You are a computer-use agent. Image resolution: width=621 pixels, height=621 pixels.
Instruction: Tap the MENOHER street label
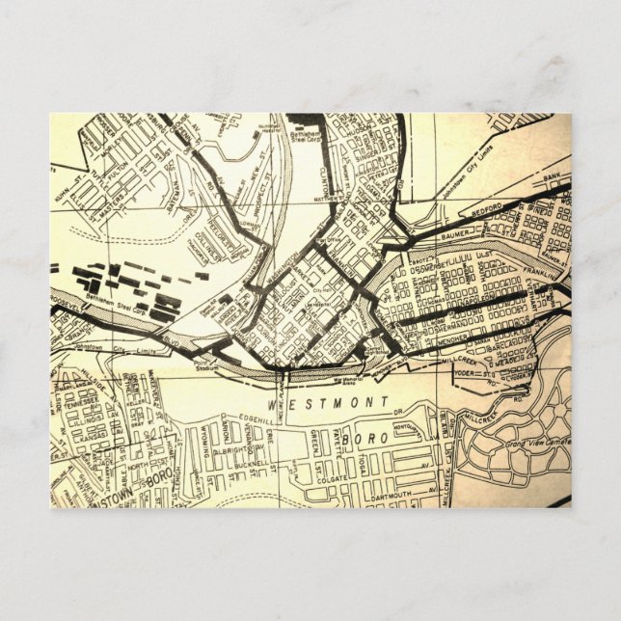pyautogui.click(x=425, y=339)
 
